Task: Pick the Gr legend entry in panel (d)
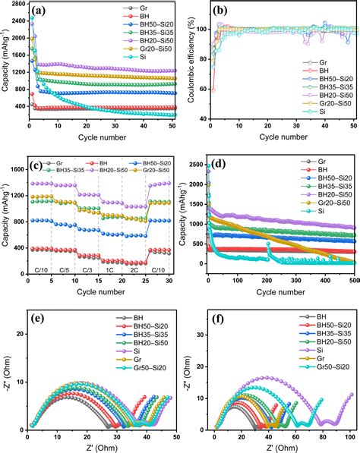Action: tap(322, 162)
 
